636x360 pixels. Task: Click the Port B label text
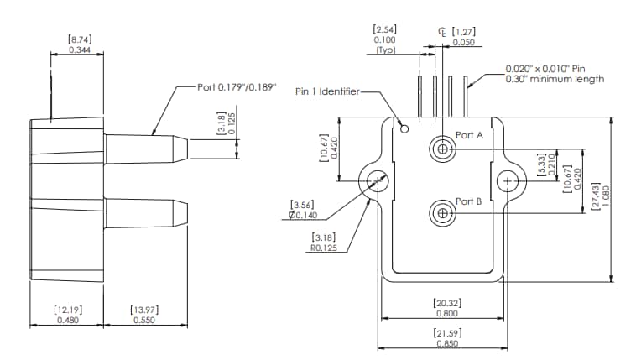(x=469, y=201)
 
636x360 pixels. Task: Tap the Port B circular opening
(x=442, y=213)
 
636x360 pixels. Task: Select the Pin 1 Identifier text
(x=326, y=91)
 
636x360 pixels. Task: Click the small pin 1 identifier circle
(x=404, y=128)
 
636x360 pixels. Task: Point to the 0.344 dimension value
(x=81, y=51)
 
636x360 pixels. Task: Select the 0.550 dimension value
(x=146, y=320)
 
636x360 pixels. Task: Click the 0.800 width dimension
(x=446, y=313)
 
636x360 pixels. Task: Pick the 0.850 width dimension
(x=446, y=342)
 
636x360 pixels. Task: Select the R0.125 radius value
(x=324, y=248)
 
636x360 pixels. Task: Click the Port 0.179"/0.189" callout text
(x=235, y=87)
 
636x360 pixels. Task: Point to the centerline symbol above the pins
(x=442, y=31)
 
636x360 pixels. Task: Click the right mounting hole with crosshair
(x=507, y=181)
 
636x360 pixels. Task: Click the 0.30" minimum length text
(x=555, y=79)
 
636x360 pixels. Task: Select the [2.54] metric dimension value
(x=384, y=29)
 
